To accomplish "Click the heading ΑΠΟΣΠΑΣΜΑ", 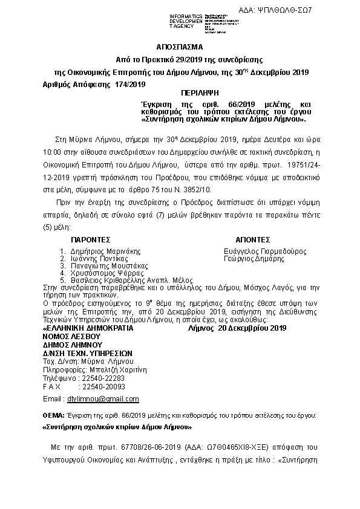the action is tap(180, 47).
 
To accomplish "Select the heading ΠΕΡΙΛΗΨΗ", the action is tap(198, 95).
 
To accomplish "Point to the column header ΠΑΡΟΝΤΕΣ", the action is tap(91, 240).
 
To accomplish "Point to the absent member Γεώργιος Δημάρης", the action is tap(254, 258).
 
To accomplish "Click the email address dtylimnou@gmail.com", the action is tap(103, 400).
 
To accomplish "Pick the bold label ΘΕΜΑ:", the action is tap(53, 417).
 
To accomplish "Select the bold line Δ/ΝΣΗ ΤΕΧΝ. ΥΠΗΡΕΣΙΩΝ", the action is tap(88, 353).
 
